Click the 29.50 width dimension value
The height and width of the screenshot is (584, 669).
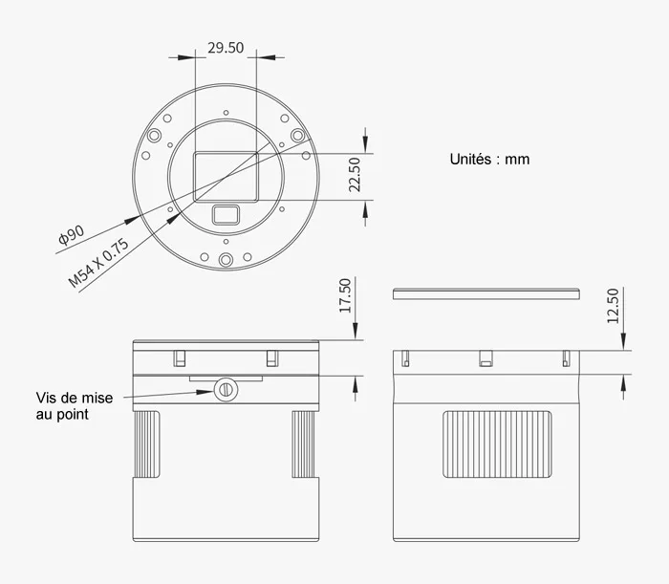tap(226, 48)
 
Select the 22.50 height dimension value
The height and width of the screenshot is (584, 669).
tap(355, 175)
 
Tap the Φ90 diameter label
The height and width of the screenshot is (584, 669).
tap(72, 236)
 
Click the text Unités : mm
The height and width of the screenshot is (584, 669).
tap(489, 160)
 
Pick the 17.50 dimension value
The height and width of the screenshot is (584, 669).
tap(346, 296)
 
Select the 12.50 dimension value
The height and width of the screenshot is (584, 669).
tap(613, 307)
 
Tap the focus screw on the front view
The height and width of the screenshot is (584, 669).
tap(226, 388)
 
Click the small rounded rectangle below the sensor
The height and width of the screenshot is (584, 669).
tap(226, 214)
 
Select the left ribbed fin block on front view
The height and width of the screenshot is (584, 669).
tap(146, 444)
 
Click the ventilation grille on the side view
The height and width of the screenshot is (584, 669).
tap(498, 444)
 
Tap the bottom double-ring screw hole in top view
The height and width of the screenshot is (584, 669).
tap(226, 261)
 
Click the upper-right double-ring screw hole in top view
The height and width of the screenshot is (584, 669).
tap(296, 135)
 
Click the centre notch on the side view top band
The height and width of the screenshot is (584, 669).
tap(486, 359)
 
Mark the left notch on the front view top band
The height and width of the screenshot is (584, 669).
tap(179, 358)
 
